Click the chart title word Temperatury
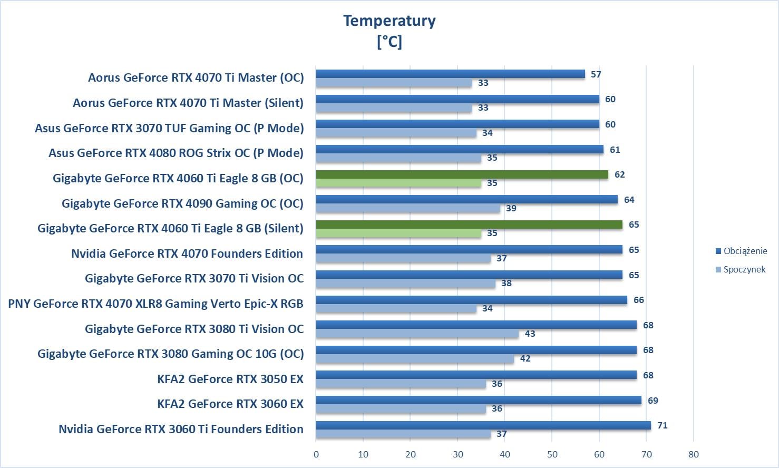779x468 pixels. (x=389, y=21)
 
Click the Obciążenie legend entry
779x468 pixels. (x=745, y=251)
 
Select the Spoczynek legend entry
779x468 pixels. (x=744, y=269)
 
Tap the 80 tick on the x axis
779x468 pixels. (x=693, y=454)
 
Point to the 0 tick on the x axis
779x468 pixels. (x=316, y=454)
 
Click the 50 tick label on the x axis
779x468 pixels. (x=552, y=454)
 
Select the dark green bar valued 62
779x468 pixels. (x=462, y=174)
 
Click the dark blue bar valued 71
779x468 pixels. (x=483, y=425)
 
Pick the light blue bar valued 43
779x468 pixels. (x=417, y=334)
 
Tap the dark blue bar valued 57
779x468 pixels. (x=450, y=74)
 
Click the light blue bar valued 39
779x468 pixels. (x=408, y=208)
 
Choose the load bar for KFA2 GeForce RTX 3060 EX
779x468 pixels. (x=479, y=401)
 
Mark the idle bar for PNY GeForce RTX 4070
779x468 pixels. (x=396, y=308)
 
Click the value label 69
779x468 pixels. (x=653, y=401)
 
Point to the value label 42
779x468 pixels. (x=525, y=358)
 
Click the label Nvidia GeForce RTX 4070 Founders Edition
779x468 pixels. (x=187, y=253)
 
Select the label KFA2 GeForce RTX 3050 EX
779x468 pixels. (x=230, y=379)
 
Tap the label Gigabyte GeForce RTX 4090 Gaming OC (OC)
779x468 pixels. (x=182, y=203)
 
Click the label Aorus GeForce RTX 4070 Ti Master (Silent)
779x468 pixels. (x=188, y=103)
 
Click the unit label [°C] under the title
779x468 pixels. (x=389, y=41)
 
